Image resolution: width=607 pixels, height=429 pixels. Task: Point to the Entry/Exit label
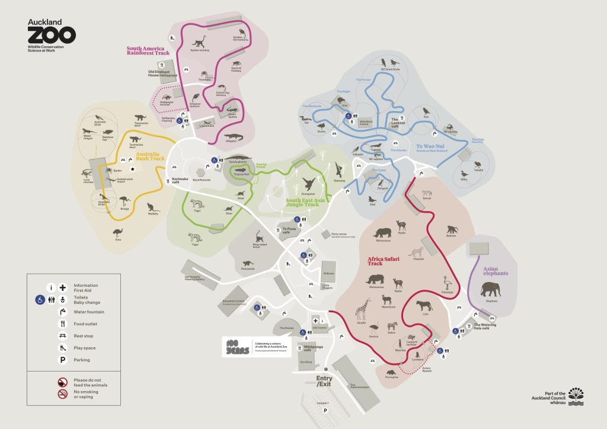(x=324, y=381)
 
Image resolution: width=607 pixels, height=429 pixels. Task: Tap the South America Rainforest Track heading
(x=148, y=51)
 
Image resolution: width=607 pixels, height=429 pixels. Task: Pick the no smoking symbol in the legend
(x=62, y=394)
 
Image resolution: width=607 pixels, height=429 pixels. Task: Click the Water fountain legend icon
(x=62, y=312)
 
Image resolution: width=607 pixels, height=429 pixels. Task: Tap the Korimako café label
(x=180, y=180)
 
